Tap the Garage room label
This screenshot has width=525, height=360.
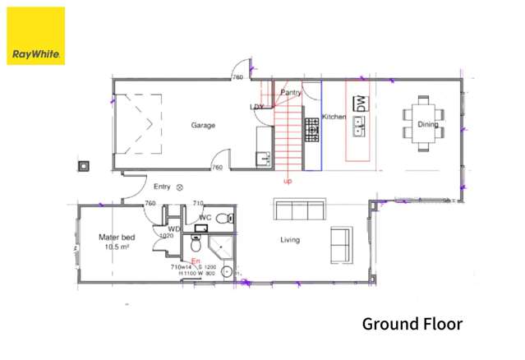[203, 126]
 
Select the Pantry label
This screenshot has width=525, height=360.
[291, 93]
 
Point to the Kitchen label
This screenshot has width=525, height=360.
[333, 117]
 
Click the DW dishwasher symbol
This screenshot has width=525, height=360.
[359, 104]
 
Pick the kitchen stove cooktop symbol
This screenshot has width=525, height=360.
[312, 127]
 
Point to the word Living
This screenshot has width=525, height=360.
[290, 240]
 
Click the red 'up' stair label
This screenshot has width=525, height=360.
[288, 181]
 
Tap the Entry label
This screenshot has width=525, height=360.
[162, 187]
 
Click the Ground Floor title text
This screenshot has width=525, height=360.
[412, 323]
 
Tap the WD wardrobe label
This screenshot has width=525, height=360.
[174, 229]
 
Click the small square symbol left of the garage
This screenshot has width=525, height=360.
[83, 165]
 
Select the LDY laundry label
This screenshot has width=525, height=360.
[257, 107]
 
